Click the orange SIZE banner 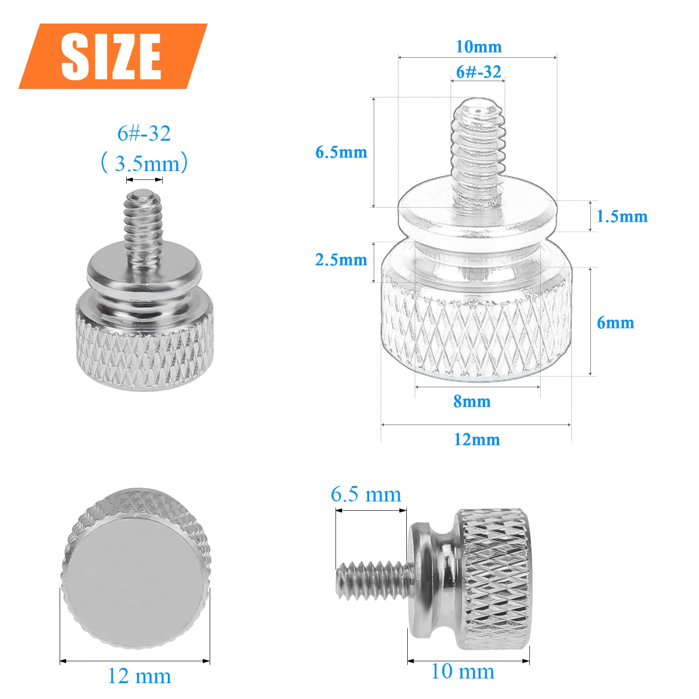point(112,56)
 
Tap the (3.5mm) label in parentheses point(144,164)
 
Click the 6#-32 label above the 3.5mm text point(144,133)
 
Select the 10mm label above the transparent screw point(479,47)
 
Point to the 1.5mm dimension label point(622,216)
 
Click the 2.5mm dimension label point(341,260)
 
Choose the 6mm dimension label point(615,322)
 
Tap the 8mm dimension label point(472,401)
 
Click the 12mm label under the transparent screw point(477,439)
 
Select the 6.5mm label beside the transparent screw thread point(341,152)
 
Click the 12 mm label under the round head point(139,676)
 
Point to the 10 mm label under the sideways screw point(463,672)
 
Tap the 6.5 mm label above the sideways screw point(366,494)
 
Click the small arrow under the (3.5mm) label point(144,180)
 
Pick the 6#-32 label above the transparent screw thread point(479,72)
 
